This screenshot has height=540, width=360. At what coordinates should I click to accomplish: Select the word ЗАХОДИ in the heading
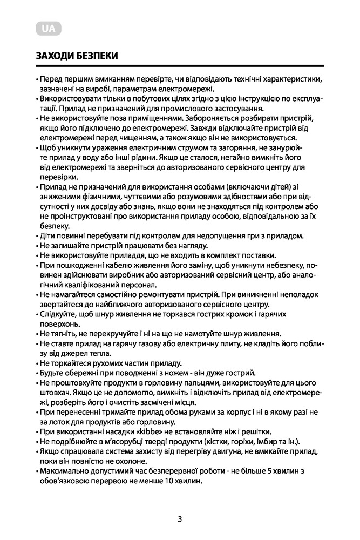tap(53, 56)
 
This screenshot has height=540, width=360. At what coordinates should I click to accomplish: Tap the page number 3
tap(180, 519)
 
